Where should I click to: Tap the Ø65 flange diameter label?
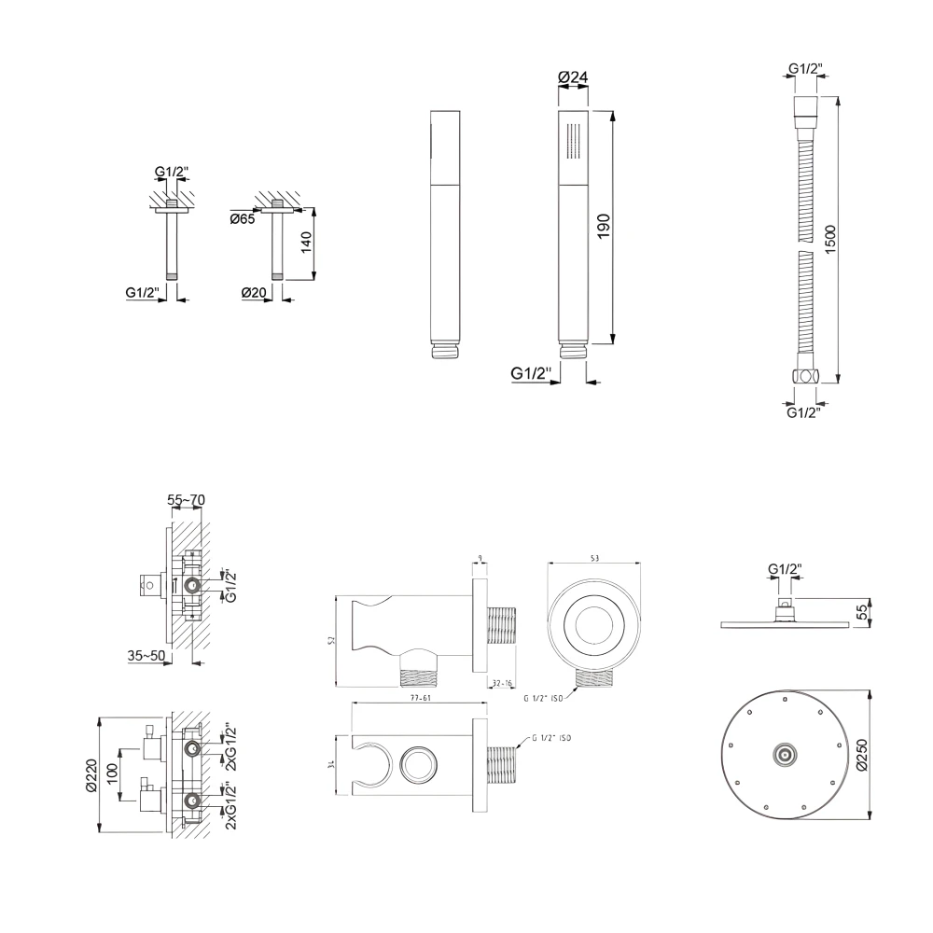point(242,219)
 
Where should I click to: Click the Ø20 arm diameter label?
point(255,292)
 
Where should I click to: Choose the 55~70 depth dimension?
point(186,501)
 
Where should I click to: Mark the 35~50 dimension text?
point(146,655)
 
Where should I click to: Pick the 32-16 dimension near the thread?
point(502,683)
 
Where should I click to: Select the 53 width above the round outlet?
point(594,557)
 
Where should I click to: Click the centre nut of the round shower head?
point(787,754)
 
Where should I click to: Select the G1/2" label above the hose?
point(803,68)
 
